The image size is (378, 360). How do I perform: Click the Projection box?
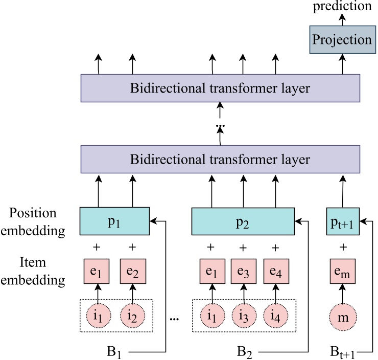click(342, 40)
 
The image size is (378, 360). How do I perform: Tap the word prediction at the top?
click(342, 6)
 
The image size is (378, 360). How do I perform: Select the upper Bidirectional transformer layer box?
click(220, 88)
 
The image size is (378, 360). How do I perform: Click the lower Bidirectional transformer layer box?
click(220, 159)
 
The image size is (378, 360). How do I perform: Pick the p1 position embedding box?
click(114, 221)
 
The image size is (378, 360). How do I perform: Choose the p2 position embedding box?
click(243, 221)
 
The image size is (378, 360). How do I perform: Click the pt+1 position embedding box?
click(343, 221)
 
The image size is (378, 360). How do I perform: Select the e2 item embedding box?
click(133, 272)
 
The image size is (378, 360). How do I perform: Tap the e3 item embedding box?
click(243, 272)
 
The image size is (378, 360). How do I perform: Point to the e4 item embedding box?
click(276, 272)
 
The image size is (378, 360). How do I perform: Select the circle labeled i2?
click(133, 316)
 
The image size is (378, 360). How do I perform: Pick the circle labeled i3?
click(243, 316)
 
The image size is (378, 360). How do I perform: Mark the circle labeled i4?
click(276, 316)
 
